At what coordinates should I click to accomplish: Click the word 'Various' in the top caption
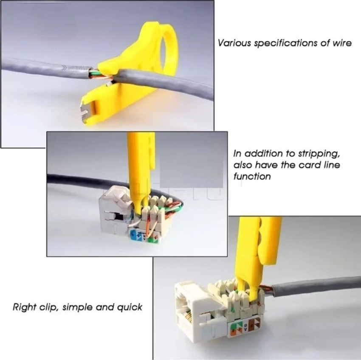pos(234,43)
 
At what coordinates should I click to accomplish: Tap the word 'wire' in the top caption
pos(342,43)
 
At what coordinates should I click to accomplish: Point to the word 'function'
pos(252,177)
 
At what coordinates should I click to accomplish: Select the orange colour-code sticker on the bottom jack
pos(254,325)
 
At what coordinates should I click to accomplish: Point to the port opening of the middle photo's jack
pos(116,217)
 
